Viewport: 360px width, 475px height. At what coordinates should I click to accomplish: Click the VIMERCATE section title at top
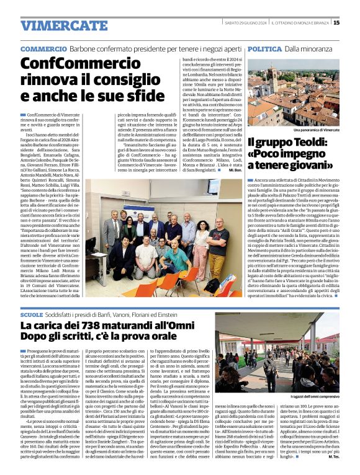(55, 25)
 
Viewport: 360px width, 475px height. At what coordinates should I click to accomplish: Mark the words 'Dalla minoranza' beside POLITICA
(310, 48)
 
